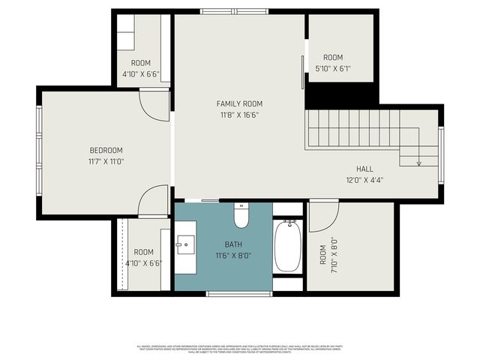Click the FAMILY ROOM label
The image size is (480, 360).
click(x=239, y=103)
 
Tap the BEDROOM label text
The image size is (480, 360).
click(x=106, y=150)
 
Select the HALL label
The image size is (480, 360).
click(x=364, y=169)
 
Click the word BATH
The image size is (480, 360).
click(x=233, y=244)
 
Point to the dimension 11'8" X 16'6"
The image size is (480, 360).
click(x=239, y=115)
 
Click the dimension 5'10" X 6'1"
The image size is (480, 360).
click(x=333, y=69)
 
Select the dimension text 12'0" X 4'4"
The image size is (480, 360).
click(x=364, y=180)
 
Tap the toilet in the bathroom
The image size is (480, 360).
click(x=241, y=215)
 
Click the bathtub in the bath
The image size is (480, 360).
click(x=287, y=245)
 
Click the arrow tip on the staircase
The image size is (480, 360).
click(x=418, y=163)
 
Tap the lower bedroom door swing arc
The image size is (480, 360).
click(x=154, y=200)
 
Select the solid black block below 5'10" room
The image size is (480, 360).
click(x=341, y=96)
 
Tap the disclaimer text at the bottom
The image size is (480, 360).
click(x=239, y=349)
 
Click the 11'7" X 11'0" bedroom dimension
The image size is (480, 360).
click(x=106, y=161)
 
